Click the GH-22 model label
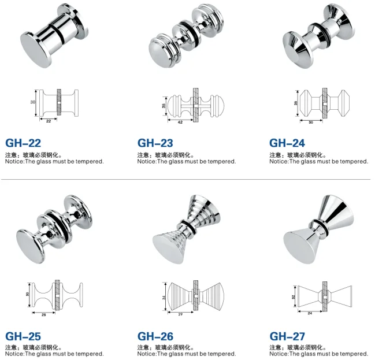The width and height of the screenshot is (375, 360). [x=23, y=143]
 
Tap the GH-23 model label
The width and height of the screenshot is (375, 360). [x=155, y=143]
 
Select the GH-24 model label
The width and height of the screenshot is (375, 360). [x=287, y=143]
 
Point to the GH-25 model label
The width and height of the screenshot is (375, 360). [x=23, y=336]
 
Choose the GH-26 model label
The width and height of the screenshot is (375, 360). [x=155, y=336]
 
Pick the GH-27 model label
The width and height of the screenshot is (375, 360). [x=287, y=336]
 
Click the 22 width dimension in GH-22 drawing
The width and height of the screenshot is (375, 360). [x=49, y=121]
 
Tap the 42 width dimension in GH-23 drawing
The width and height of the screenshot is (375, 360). [x=180, y=123]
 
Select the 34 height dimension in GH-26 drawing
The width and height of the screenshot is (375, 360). [x=164, y=298]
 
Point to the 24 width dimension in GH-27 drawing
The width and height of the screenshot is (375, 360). [x=310, y=313]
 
